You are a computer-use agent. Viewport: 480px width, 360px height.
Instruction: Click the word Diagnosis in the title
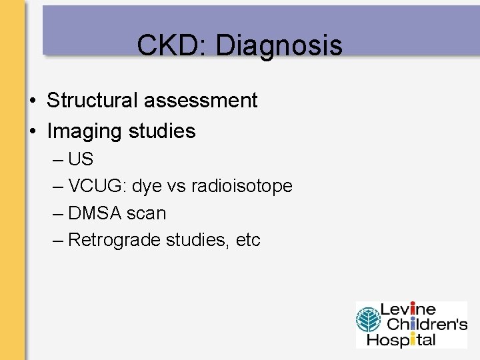point(279,46)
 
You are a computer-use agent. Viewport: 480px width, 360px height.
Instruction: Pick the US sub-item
point(81,160)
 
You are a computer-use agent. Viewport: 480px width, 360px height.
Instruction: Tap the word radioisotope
point(241,187)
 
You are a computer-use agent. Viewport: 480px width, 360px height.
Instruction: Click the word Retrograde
point(110,240)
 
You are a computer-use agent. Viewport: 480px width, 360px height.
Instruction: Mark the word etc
point(248,240)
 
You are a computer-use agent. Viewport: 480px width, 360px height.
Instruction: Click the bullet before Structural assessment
point(32,101)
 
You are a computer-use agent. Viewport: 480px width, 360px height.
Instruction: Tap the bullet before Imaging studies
point(32,132)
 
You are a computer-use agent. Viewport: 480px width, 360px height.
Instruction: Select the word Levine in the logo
point(408,310)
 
